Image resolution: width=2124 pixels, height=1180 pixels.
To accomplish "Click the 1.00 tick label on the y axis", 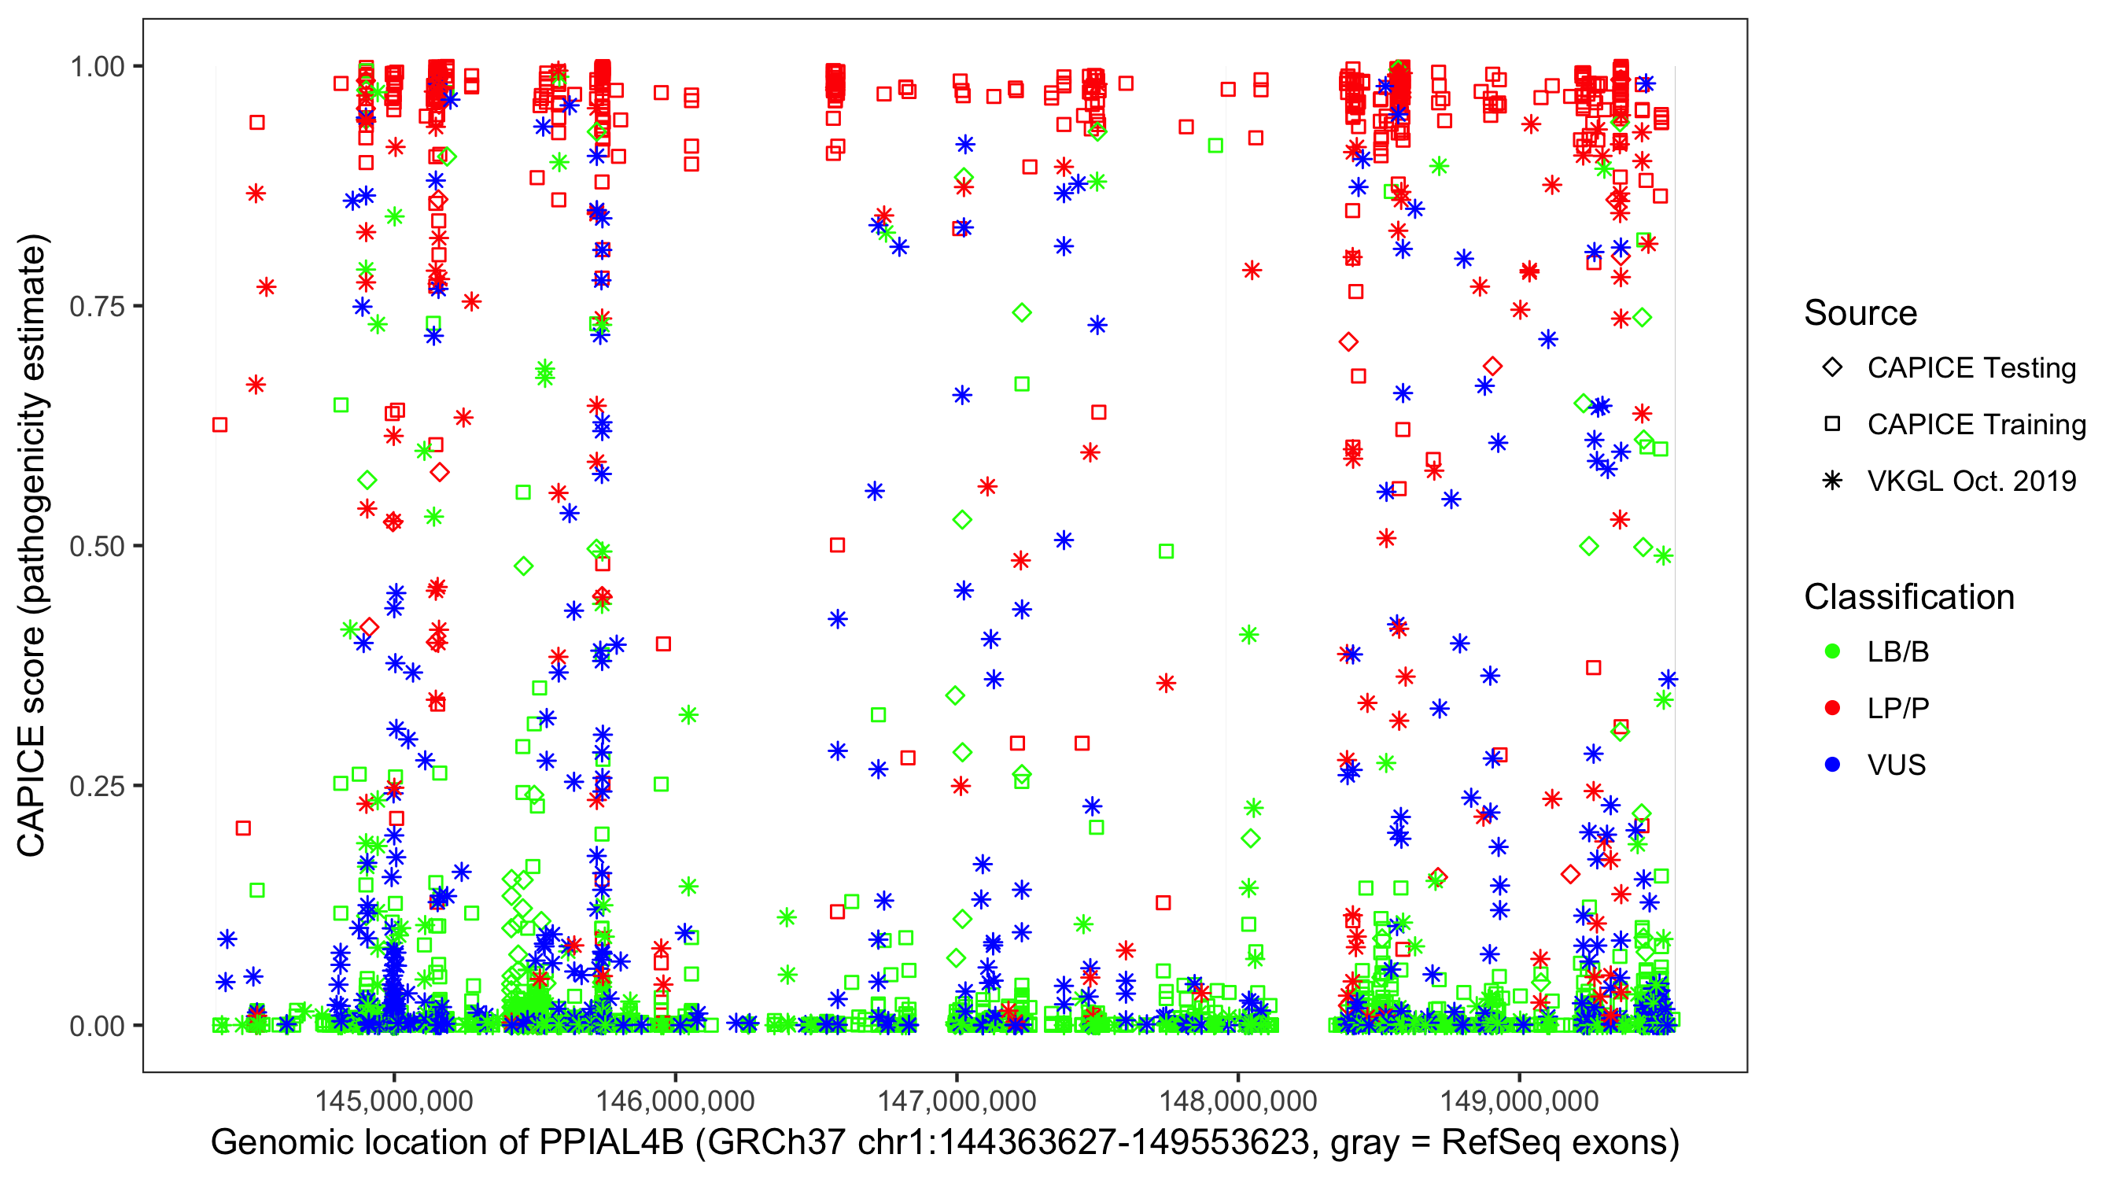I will (97, 66).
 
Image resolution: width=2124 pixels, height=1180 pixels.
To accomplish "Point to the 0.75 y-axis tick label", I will (97, 306).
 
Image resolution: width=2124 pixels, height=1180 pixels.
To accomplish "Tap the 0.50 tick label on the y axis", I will (97, 546).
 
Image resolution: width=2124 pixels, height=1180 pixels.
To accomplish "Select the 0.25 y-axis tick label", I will (97, 786).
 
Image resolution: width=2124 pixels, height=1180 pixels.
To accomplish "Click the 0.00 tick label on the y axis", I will (97, 1026).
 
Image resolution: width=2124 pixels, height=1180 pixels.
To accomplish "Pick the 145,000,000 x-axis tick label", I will (394, 1101).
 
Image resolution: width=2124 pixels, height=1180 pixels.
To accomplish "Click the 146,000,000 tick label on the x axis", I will (675, 1101).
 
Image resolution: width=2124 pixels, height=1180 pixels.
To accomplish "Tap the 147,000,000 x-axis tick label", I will (957, 1101).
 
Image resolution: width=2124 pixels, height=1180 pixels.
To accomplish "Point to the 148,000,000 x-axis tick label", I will (1237, 1101).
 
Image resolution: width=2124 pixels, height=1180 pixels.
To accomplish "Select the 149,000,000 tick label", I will (1519, 1101).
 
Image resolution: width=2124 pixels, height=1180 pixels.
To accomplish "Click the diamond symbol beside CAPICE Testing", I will (1832, 368).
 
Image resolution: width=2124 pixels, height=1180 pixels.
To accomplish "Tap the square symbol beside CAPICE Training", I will (1832, 424).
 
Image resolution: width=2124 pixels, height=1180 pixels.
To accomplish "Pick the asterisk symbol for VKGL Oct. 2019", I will (1832, 481).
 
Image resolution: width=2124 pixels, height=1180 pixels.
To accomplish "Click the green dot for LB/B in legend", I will (1832, 651).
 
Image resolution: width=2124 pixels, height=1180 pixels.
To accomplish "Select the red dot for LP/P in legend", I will (1832, 708).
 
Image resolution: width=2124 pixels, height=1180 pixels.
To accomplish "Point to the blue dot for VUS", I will (1832, 765).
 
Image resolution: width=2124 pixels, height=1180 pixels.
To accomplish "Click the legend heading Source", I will (1860, 313).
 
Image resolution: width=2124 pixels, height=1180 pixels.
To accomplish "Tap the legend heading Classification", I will (1908, 597).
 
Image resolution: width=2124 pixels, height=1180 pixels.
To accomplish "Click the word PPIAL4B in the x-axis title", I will (611, 1143).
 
